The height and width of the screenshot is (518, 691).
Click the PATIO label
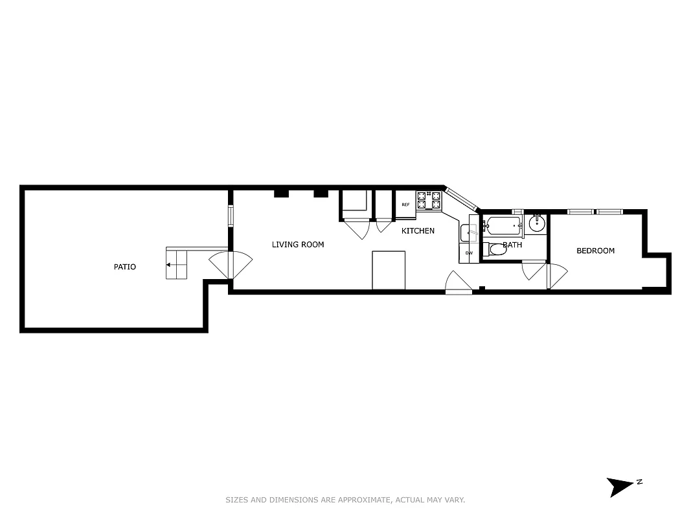(x=125, y=267)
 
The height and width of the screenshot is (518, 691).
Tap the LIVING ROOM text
(x=298, y=245)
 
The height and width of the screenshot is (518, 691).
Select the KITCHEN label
(x=418, y=231)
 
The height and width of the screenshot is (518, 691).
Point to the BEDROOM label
(x=595, y=251)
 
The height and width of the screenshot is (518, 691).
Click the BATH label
(x=512, y=245)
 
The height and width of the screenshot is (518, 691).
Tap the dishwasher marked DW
(x=469, y=253)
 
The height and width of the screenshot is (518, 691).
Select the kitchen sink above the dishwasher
(x=469, y=231)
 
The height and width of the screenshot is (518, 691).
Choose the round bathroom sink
(x=537, y=224)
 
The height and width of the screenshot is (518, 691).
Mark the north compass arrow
(x=619, y=486)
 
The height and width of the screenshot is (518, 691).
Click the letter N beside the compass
(x=639, y=482)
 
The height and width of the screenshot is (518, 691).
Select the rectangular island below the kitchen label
(x=389, y=270)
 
